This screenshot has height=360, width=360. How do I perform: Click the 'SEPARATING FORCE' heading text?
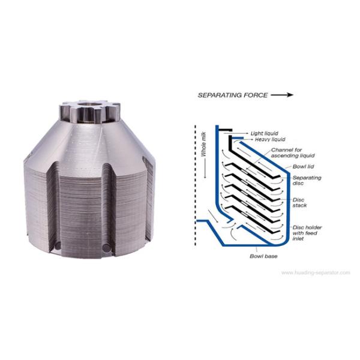tap(233, 95)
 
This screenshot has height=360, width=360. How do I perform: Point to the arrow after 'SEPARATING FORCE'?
tap(282, 95)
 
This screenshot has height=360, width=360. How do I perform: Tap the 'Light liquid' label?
tap(264, 133)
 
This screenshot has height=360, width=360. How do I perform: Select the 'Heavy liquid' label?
tap(270, 139)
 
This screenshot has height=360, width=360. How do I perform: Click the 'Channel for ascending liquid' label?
tap(293, 152)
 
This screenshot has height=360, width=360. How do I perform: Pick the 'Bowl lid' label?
tap(303, 166)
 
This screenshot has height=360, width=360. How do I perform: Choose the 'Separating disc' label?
tap(307, 180)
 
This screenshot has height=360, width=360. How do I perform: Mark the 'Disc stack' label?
tap(299, 203)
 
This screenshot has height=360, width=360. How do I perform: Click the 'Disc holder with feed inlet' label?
tap(307, 233)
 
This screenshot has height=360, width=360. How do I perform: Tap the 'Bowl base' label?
tap(263, 256)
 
